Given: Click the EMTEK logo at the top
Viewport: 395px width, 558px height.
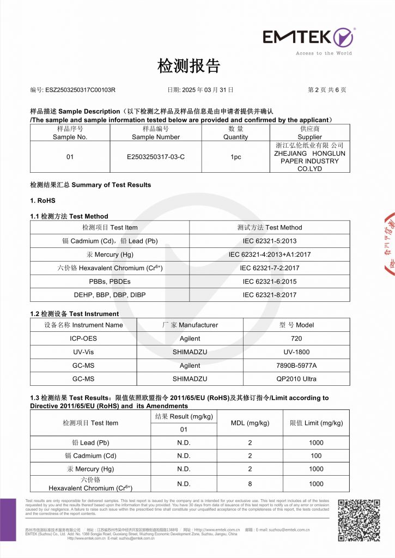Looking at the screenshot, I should [308, 38].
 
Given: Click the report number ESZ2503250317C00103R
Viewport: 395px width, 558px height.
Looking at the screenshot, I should [80, 89].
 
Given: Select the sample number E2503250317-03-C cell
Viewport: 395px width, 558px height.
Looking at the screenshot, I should [155, 157].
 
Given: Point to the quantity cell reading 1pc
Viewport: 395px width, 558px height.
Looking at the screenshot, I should [236, 157].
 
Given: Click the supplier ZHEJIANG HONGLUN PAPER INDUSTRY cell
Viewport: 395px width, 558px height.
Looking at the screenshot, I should [309, 157].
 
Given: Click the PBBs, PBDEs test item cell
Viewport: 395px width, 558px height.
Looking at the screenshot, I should [110, 281].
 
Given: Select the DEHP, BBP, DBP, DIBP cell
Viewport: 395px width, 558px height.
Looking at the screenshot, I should [110, 295].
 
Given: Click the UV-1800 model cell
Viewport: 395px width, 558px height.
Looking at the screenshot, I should [296, 352].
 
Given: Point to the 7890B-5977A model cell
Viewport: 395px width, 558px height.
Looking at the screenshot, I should [296, 365].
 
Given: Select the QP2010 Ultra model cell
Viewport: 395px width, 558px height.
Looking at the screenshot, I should [296, 379].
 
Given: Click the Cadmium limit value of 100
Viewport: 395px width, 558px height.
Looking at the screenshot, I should [316, 456].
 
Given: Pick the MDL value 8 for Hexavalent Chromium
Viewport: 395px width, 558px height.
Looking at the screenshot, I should [250, 484].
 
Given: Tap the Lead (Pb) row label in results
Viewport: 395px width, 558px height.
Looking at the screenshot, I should [90, 442].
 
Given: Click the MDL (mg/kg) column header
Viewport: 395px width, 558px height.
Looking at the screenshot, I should [250, 423].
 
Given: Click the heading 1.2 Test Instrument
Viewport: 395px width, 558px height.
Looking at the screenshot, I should [75, 314].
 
